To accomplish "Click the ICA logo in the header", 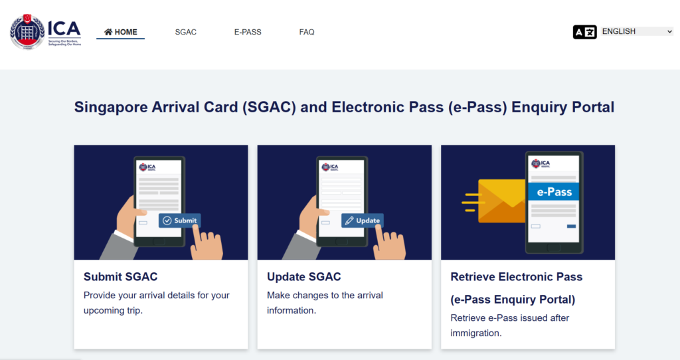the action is (x=46, y=32).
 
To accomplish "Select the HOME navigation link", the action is (x=121, y=32).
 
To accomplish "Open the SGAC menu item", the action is (x=186, y=32).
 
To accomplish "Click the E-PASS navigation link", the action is (x=248, y=32).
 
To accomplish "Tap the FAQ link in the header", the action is (x=307, y=32).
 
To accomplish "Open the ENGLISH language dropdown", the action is (x=637, y=31).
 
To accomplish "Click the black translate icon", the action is (x=584, y=32).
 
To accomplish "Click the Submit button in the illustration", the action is (x=179, y=221).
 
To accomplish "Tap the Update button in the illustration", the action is (x=362, y=221).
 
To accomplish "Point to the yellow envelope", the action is (x=502, y=201).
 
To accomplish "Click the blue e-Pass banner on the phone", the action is (x=554, y=192).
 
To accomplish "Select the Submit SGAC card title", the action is (x=121, y=277).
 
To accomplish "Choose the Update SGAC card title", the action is (x=304, y=277).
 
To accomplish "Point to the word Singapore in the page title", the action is (x=111, y=107).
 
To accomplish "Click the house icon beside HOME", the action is (x=108, y=32).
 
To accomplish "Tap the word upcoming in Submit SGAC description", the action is (x=105, y=311).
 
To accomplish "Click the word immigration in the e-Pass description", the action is (x=476, y=333).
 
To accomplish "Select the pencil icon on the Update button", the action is (x=349, y=221).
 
